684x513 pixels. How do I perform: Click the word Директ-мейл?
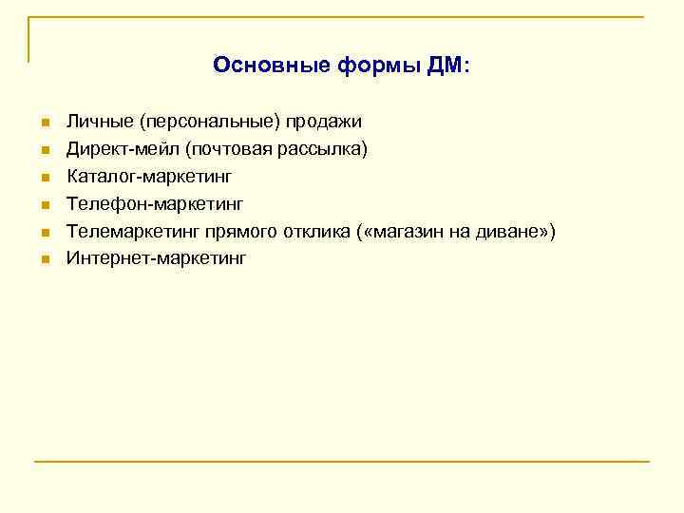pyautogui.click(x=123, y=149)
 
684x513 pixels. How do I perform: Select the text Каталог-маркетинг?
pyautogui.click(x=149, y=176)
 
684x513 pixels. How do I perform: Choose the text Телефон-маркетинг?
pyautogui.click(x=155, y=203)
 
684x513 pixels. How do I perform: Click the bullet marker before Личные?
pyautogui.click(x=44, y=123)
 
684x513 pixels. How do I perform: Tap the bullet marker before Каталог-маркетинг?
pyautogui.click(x=44, y=178)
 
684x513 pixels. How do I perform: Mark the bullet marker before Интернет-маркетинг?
pyautogui.click(x=44, y=258)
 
